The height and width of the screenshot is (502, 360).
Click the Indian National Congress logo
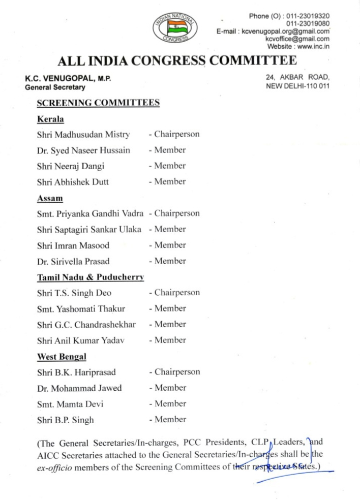point(176,26)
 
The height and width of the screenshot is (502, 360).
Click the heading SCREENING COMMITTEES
point(98,103)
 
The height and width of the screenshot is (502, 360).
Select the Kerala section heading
point(50,120)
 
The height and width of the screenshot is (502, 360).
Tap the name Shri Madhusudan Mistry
point(83,135)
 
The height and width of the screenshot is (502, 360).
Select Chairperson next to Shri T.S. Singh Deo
point(176,293)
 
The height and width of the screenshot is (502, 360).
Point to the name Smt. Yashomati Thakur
point(81,308)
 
